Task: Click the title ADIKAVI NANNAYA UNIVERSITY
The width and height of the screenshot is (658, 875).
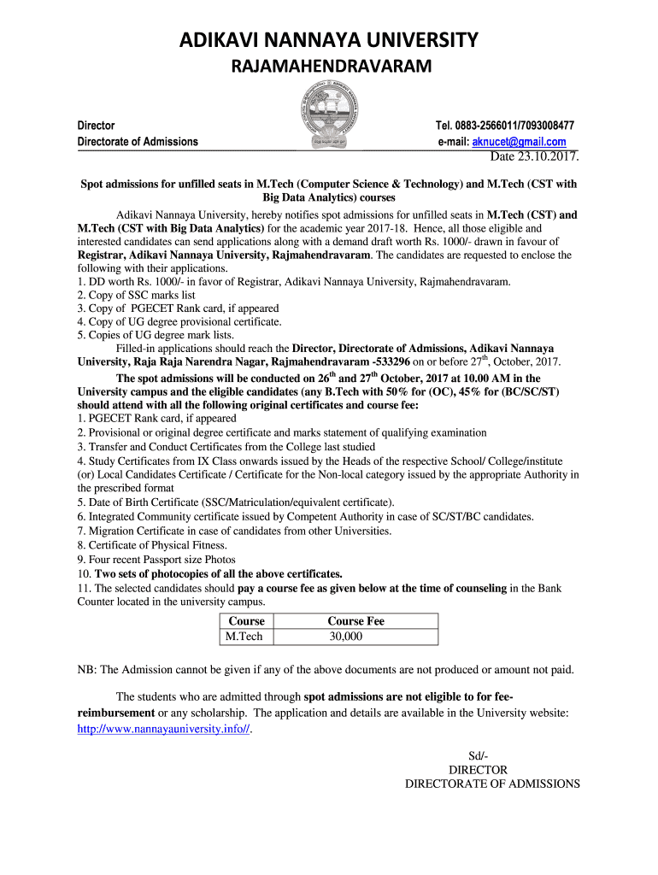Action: [x=328, y=39]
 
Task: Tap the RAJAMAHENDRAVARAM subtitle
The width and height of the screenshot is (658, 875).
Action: [x=328, y=67]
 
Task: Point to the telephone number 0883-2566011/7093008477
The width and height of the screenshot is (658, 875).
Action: [x=518, y=126]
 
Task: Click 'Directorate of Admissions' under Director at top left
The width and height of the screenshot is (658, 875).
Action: [x=138, y=142]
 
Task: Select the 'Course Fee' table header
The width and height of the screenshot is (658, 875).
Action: [x=355, y=621]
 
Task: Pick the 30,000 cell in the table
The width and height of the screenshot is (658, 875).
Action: [x=345, y=637]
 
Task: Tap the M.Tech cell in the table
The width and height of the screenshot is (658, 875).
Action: [x=244, y=637]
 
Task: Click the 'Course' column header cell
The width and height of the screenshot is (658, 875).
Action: [x=244, y=621]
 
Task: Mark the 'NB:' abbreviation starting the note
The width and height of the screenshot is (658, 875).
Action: [x=87, y=669]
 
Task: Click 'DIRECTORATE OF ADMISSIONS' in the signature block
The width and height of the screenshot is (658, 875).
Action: [x=492, y=784]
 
